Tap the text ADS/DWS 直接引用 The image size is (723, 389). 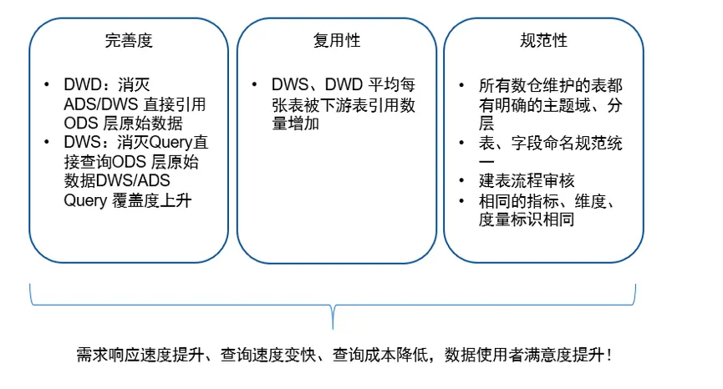[x=135, y=105]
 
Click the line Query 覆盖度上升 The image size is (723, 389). [x=128, y=201]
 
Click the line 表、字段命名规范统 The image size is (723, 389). [x=551, y=144]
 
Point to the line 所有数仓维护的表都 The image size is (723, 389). [x=550, y=86]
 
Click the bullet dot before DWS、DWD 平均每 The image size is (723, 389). [x=254, y=86]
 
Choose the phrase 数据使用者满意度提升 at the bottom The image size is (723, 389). [x=523, y=355]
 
